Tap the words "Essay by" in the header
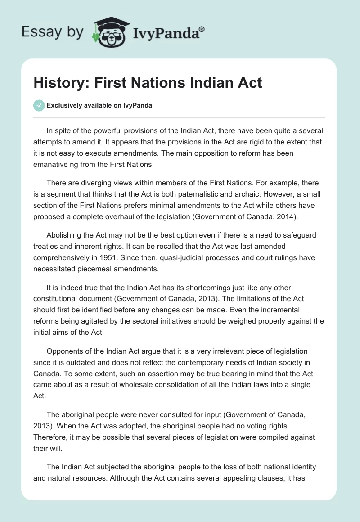(x=52, y=31)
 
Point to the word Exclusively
(x=63, y=105)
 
